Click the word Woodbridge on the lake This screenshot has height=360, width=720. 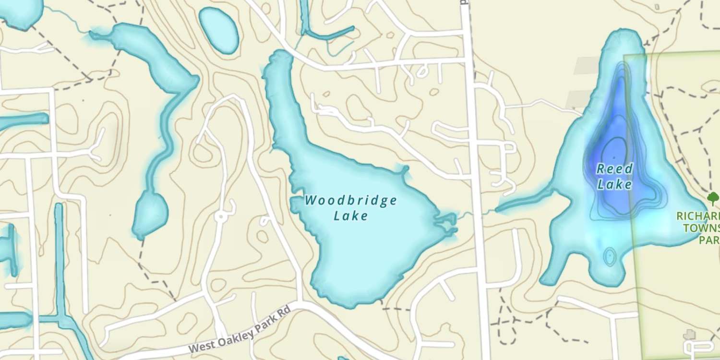[x=351, y=200]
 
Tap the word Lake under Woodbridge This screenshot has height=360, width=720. [x=351, y=216]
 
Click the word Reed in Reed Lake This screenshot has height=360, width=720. [x=615, y=169]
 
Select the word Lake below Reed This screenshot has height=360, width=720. [x=615, y=185]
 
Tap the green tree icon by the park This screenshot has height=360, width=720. [x=713, y=197]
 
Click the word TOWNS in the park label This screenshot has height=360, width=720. [x=702, y=228]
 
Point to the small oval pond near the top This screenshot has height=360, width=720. [x=218, y=30]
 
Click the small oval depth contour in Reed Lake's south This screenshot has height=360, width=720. [x=610, y=256]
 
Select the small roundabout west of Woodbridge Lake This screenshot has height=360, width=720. [x=221, y=217]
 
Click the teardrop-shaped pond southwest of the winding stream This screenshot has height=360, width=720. [x=150, y=214]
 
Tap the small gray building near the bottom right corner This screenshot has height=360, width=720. [x=689, y=334]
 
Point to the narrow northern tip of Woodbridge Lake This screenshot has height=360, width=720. [x=281, y=60]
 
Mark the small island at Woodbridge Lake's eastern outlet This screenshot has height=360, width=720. [x=444, y=222]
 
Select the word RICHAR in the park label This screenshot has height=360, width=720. [x=698, y=216]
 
